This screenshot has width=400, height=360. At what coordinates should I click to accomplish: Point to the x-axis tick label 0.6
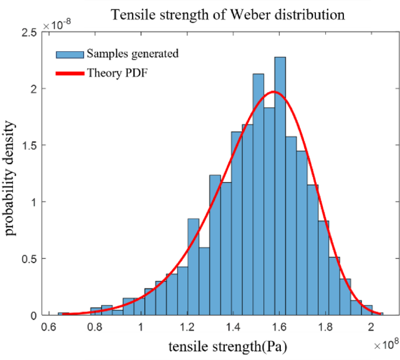pos(49,326)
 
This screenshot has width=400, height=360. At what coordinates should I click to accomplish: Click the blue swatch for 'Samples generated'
pos(70,54)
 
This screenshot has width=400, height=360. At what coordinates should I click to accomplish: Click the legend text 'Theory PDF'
pos(112,73)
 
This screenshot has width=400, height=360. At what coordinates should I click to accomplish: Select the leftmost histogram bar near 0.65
pos(60,314)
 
